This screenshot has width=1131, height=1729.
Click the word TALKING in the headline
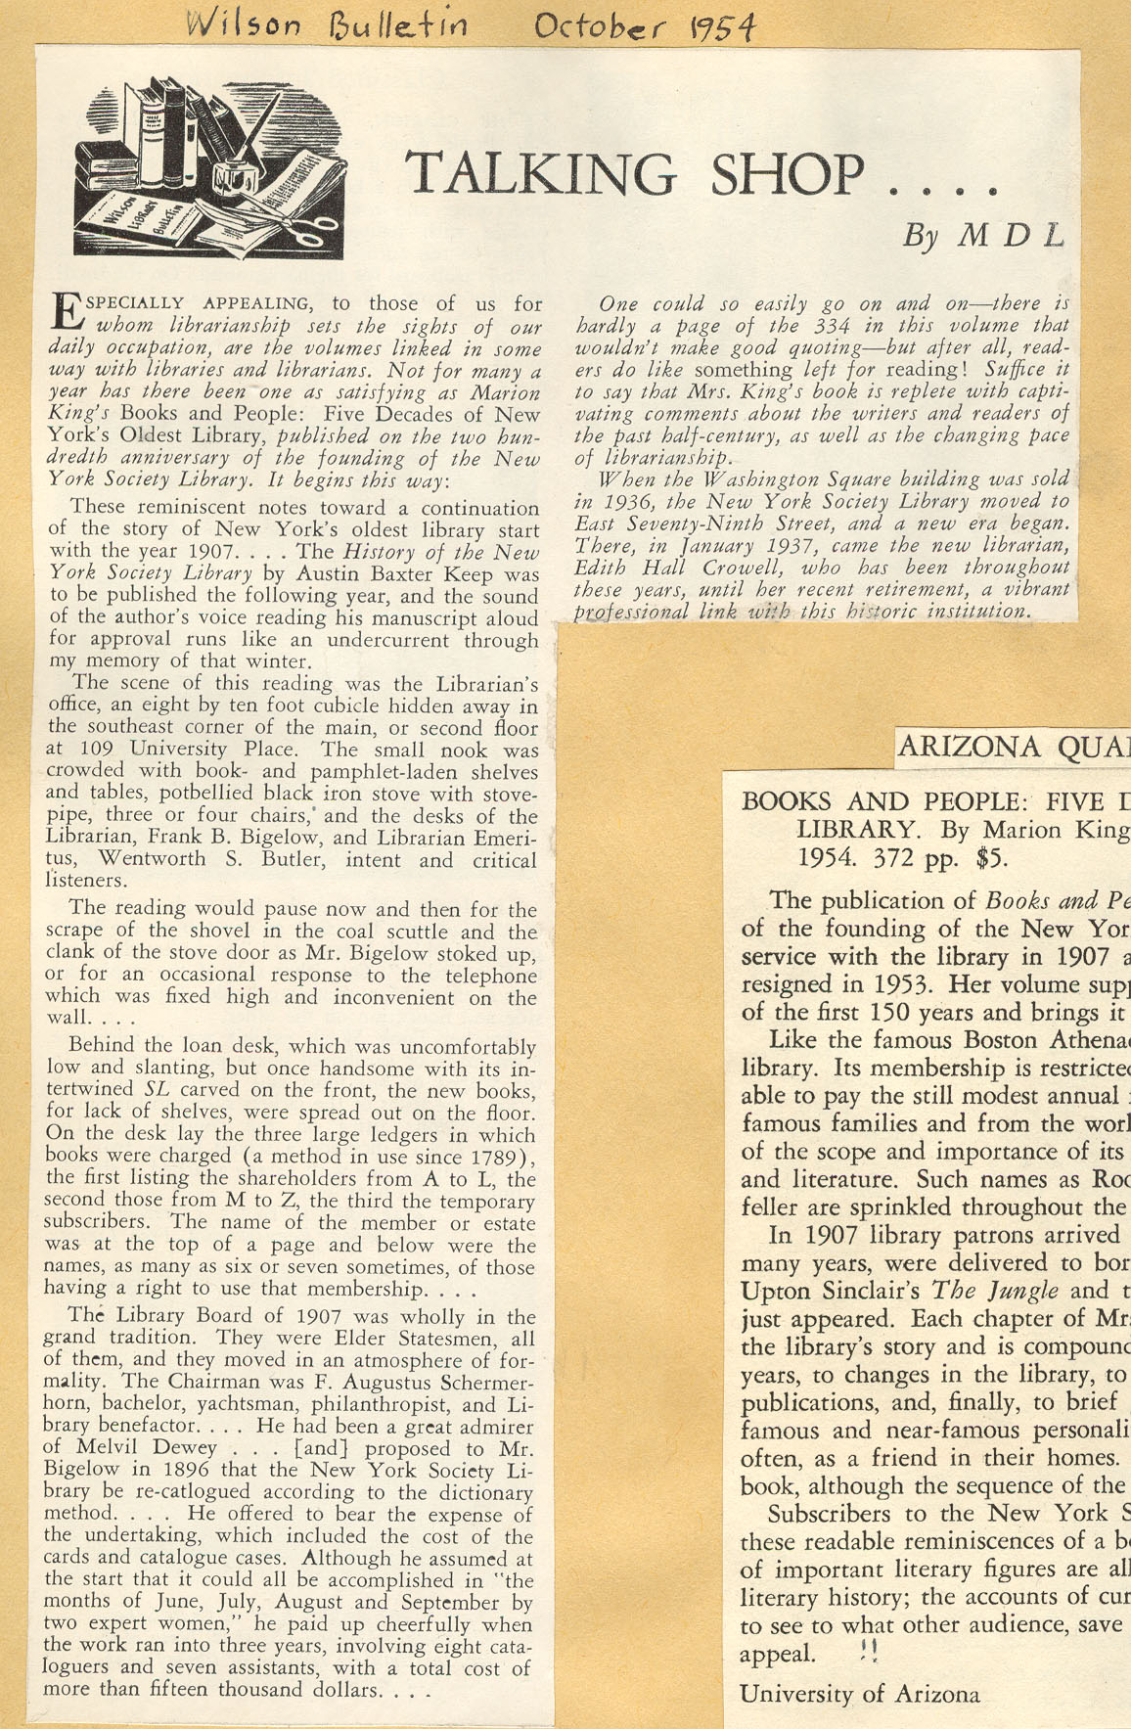click(540, 173)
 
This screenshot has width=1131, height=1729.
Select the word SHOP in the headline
click(789, 173)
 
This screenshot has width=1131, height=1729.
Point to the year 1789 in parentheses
click(495, 1158)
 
